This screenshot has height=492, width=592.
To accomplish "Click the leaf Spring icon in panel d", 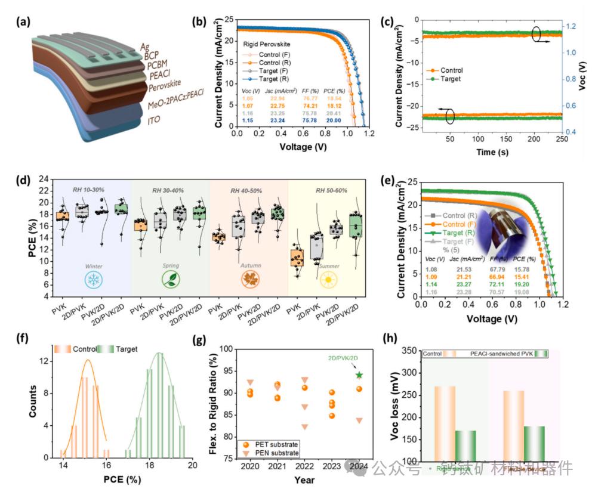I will pyautogui.click(x=171, y=279).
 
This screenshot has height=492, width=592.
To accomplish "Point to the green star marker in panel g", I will pyautogui.click(x=359, y=375).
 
